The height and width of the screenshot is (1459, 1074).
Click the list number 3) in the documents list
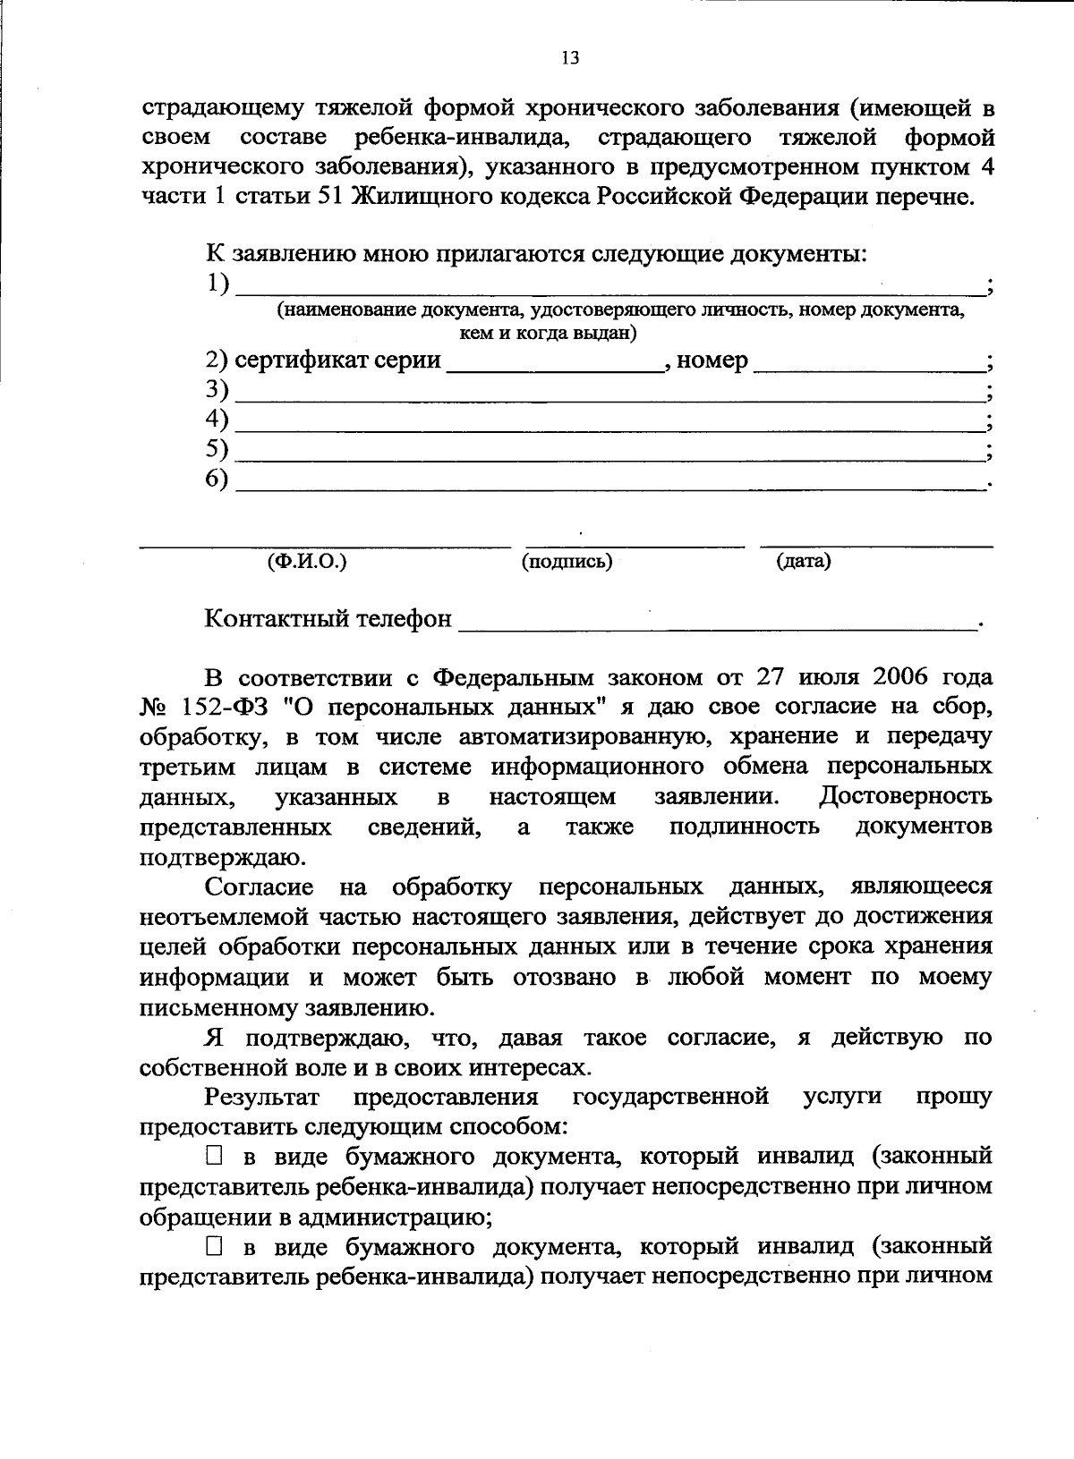(217, 390)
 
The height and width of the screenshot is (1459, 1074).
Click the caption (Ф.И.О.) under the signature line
(307, 562)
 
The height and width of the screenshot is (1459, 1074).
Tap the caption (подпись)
(567, 562)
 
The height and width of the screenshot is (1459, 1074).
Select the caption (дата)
(803, 562)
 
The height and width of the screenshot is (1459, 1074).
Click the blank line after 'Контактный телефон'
(716, 621)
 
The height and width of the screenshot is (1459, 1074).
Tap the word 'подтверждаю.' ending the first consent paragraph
(224, 858)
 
